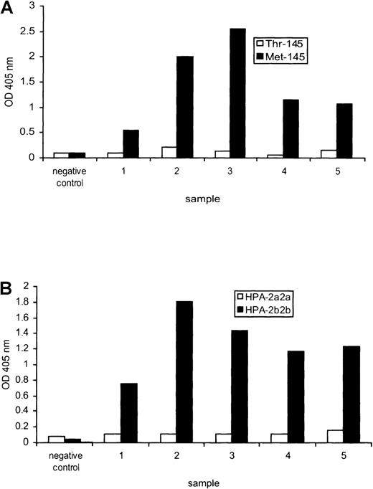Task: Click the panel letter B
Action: [8, 293]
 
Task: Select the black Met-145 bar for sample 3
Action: [238, 93]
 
